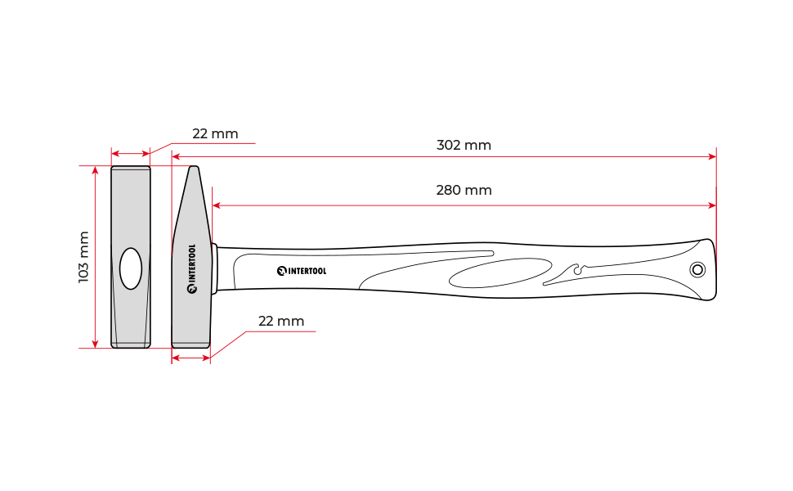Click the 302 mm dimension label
click(x=464, y=146)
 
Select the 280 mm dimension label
click(x=464, y=191)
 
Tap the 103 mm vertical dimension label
click(x=83, y=257)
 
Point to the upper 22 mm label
click(x=215, y=133)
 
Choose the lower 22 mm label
click(x=281, y=322)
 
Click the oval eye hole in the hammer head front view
click(x=131, y=268)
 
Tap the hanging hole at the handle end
click(x=698, y=270)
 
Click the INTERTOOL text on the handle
click(x=307, y=272)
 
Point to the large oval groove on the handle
click(x=500, y=273)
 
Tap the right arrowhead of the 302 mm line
click(x=713, y=157)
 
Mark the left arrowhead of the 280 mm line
click(x=217, y=205)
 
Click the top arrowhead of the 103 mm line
click(x=95, y=170)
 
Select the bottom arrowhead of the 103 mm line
click(x=95, y=345)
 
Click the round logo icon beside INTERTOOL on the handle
click(x=282, y=272)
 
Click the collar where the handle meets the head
click(x=214, y=268)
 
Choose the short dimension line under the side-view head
click(x=190, y=358)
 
